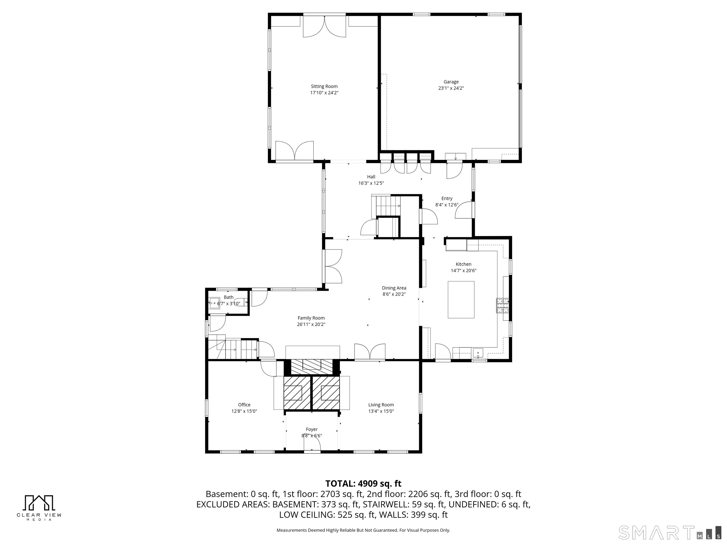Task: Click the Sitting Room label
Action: [324, 86]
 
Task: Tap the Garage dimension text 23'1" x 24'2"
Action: [451, 88]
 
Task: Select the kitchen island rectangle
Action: [461, 300]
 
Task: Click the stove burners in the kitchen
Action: [502, 306]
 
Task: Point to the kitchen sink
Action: [478, 353]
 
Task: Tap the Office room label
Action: [244, 405]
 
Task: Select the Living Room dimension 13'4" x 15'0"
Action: [381, 411]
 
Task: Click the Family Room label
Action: [311, 318]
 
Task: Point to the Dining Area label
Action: [394, 288]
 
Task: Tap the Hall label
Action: [371, 177]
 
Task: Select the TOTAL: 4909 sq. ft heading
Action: [363, 483]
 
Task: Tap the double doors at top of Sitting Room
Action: [324, 26]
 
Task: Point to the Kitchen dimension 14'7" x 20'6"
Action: [463, 271]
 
